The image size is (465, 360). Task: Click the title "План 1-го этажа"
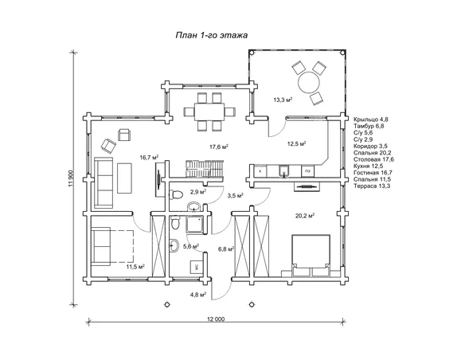[212, 36]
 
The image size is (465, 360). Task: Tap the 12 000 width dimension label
[216, 319]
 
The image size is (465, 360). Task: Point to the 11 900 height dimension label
[71, 179]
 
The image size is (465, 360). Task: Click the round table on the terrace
[309, 82]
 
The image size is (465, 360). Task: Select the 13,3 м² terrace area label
[283, 100]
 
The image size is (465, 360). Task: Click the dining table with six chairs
[209, 112]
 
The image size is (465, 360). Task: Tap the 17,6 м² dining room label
[218, 147]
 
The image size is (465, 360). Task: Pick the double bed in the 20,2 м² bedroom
[311, 256]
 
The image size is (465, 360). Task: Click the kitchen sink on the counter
[284, 171]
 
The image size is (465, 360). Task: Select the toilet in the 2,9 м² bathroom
[175, 194]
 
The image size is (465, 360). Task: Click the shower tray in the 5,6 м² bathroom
[195, 224]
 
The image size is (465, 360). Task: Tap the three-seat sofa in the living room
[104, 183]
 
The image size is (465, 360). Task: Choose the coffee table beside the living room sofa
[124, 178]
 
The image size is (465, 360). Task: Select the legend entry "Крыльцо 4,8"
[371, 119]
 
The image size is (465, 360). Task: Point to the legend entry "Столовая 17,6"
[373, 159]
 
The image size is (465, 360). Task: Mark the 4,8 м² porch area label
[198, 295]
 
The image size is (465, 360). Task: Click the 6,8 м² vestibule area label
[226, 249]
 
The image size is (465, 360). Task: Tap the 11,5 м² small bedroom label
[135, 267]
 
